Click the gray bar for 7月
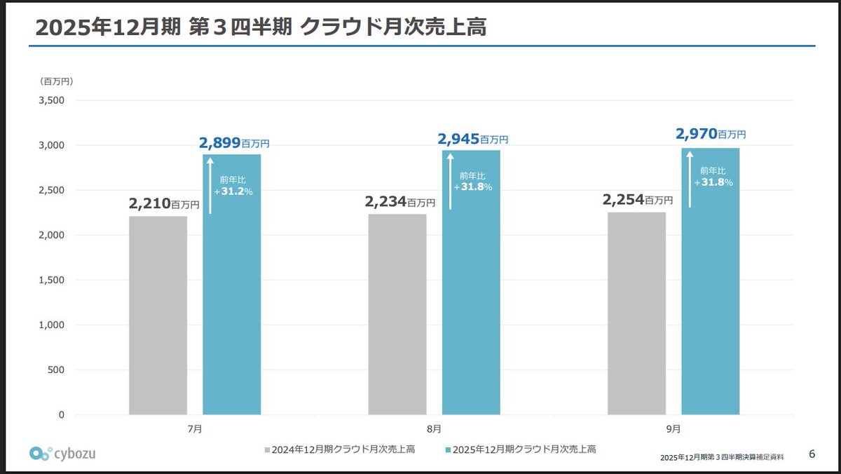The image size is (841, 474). pos(158,316)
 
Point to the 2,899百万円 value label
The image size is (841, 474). pos(234,142)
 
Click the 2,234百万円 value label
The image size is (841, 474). pos(399,202)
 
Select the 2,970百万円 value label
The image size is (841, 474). pos(710,133)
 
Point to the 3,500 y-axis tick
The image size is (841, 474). pos(50,100)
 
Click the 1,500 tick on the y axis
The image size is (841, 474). pos(50,280)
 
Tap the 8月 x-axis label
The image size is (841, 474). pos(434,427)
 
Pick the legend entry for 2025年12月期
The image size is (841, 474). pos(520,449)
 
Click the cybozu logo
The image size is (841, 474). pos(63,453)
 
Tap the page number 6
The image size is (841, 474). pos(812,454)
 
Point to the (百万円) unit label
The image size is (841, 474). pos(57,81)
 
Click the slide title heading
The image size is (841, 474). pos(261,27)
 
